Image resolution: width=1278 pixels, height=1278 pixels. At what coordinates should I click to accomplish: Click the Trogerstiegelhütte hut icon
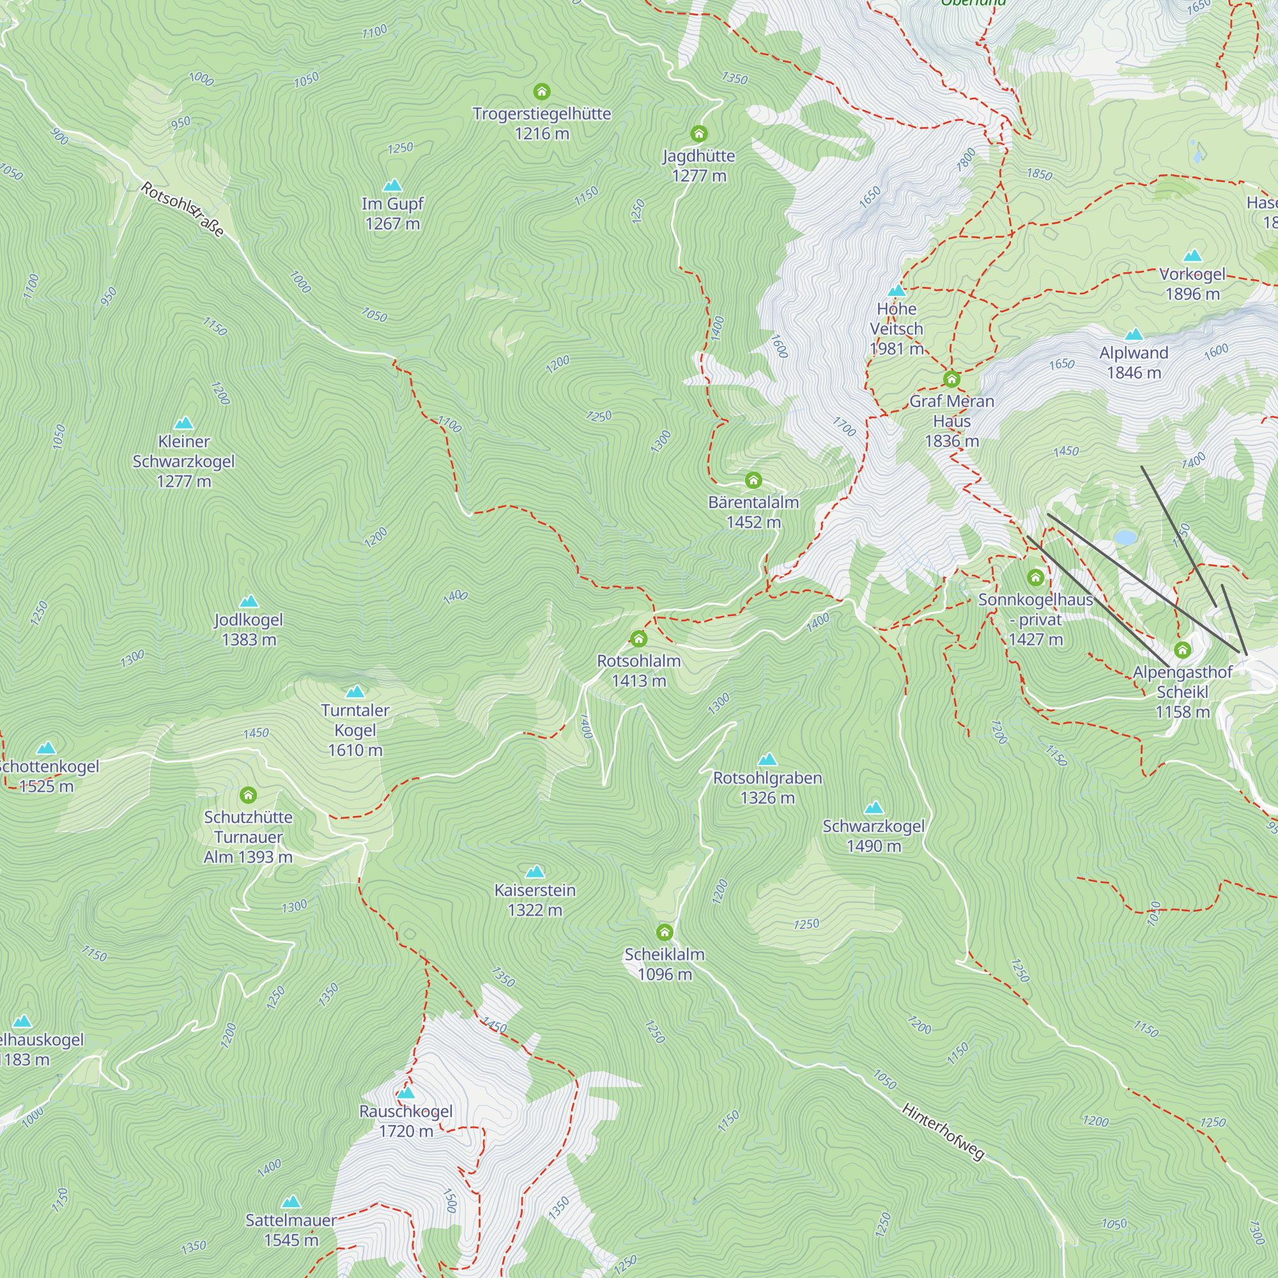tap(542, 91)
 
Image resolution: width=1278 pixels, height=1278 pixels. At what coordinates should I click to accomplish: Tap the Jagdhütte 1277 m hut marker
tap(699, 134)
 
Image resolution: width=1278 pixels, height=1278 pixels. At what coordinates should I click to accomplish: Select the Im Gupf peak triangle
tap(393, 185)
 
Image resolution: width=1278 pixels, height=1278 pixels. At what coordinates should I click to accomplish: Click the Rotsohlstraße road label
tap(183, 210)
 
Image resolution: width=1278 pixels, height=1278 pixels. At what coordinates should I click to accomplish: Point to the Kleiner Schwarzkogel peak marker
tap(184, 422)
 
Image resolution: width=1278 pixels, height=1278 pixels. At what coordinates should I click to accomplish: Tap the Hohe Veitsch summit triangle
tap(897, 290)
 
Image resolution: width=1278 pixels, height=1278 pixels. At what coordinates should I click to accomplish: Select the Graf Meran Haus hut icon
tap(951, 378)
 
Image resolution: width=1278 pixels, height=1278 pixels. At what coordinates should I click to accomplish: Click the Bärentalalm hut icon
tap(753, 481)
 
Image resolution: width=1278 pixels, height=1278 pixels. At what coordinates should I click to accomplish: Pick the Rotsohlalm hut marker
tap(638, 638)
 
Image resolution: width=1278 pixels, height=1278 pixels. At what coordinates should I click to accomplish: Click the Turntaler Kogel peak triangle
tap(355, 692)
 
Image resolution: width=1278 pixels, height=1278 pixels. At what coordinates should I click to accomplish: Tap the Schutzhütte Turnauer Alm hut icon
tap(248, 794)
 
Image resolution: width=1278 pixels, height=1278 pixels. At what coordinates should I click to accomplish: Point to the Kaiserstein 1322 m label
tap(535, 900)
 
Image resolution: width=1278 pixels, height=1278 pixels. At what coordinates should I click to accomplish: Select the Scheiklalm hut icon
tap(665, 932)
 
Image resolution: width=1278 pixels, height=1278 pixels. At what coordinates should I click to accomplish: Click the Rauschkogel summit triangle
tap(406, 1092)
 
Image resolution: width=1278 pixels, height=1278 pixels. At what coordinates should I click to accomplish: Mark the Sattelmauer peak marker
tap(291, 1201)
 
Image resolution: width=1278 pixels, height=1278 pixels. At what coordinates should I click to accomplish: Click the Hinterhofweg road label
tap(943, 1132)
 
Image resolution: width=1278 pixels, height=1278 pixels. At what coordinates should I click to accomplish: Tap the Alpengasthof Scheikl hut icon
tap(1183, 651)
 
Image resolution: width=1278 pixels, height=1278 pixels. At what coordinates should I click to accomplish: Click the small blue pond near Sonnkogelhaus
tap(1125, 537)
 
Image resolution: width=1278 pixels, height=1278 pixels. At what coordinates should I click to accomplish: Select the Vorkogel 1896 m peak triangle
tap(1192, 256)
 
